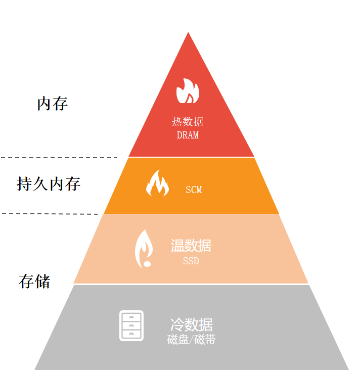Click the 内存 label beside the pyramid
pos(52,104)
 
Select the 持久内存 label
pos(49,183)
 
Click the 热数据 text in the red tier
pos(188,122)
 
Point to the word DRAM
pos(188,135)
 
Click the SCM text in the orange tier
pos(194,190)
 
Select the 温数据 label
pos(191,246)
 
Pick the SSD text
pos(191,261)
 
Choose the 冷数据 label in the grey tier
pos(191,324)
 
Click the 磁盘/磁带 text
pos(191,340)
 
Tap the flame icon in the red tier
pos(188,91)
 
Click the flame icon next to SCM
pos(157,183)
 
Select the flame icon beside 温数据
pos(144,249)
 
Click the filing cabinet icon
pos(131,325)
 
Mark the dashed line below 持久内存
pos(51,214)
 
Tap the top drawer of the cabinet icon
pos(131,317)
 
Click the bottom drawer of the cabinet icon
pos(131,334)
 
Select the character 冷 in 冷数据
pos(176,324)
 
